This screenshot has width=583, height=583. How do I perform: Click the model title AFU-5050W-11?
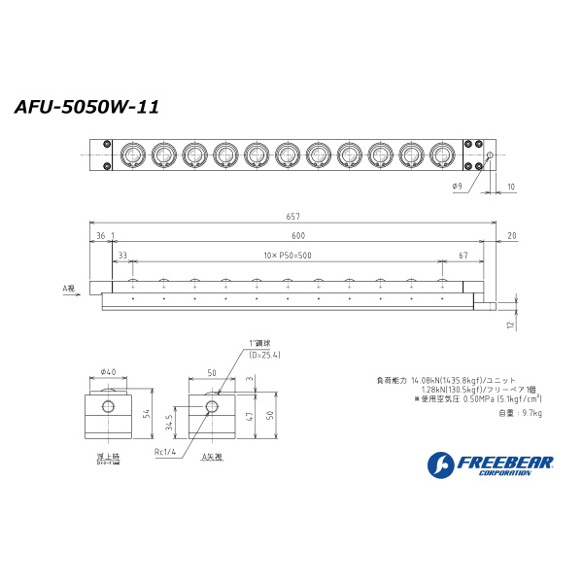[86, 108]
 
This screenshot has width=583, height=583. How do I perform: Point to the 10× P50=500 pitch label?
[287, 255]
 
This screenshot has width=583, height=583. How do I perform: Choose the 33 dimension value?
[121, 255]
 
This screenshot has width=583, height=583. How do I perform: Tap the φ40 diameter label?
[108, 371]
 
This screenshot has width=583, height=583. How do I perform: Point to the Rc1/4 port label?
[163, 451]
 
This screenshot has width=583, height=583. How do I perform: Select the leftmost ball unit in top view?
[131, 154]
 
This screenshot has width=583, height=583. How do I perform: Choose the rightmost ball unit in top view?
[441, 154]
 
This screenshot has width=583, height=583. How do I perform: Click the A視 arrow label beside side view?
[68, 289]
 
